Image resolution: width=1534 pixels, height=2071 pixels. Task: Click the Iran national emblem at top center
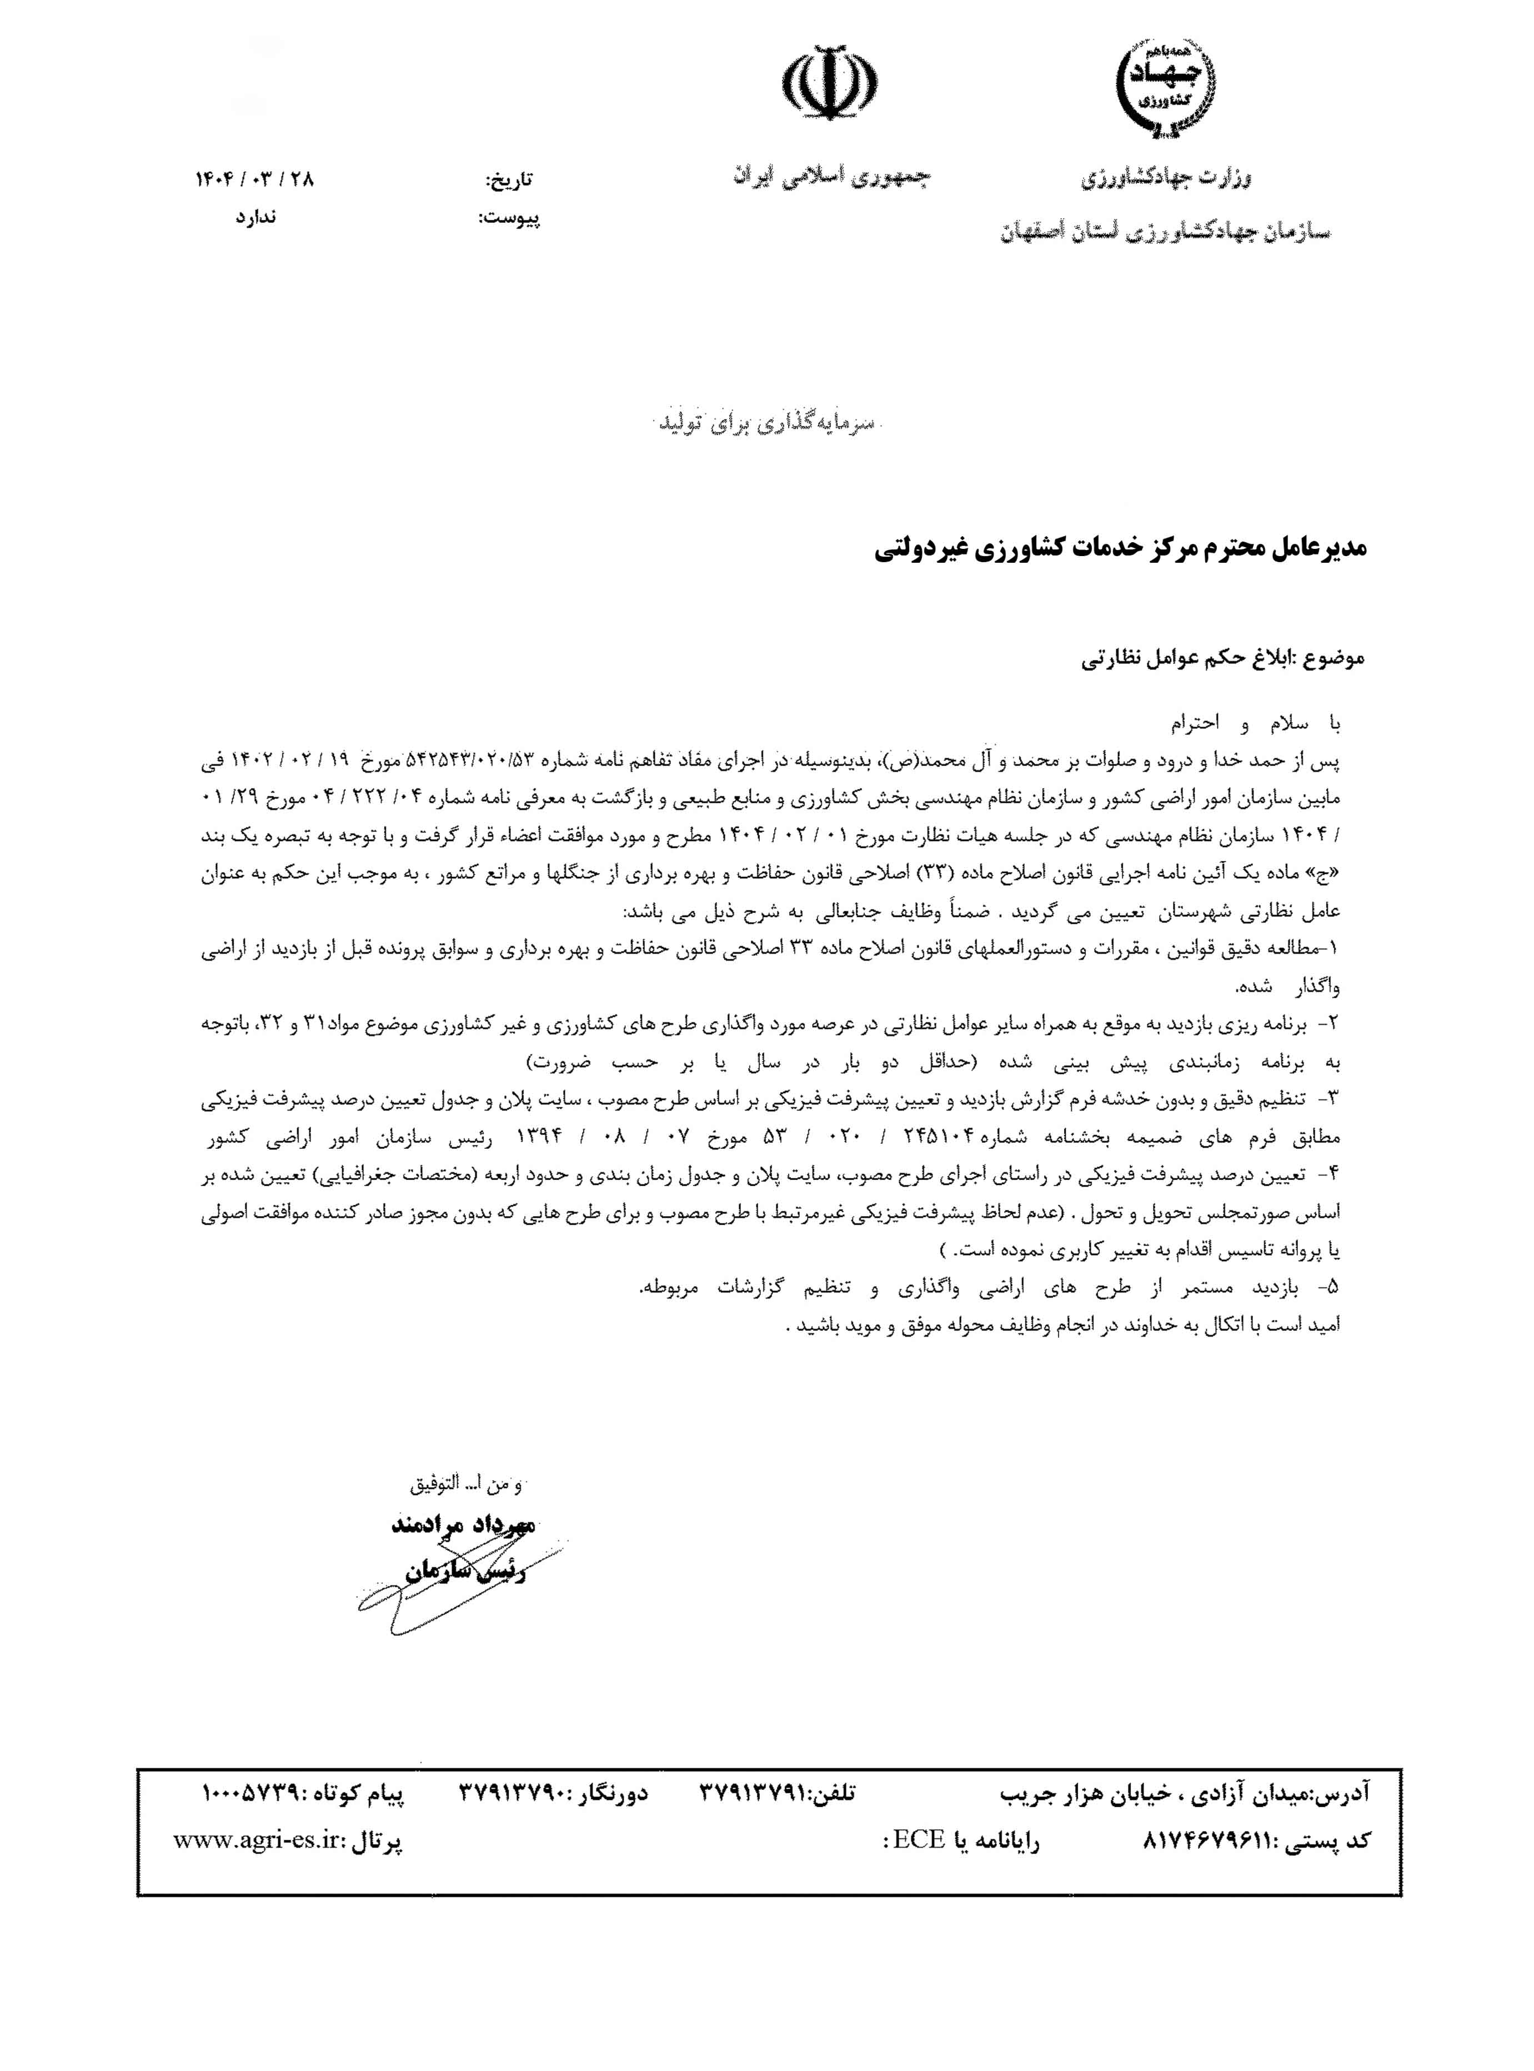click(829, 86)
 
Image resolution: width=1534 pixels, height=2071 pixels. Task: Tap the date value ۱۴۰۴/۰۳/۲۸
click(254, 178)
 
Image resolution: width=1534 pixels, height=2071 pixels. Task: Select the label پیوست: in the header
click(508, 219)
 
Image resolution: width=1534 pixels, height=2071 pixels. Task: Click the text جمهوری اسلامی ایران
click(830, 177)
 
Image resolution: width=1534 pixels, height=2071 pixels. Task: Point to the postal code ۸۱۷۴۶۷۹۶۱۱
click(1199, 1840)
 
